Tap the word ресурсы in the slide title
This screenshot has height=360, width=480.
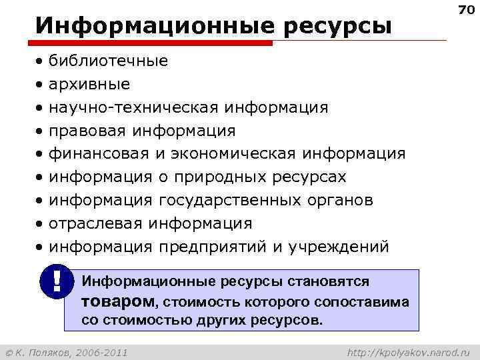tap(337, 27)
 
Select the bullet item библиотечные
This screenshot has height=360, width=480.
tap(108, 61)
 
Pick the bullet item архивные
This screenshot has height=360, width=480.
tap(89, 85)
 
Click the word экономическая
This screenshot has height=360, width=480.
tap(233, 154)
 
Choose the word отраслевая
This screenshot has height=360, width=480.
tap(96, 223)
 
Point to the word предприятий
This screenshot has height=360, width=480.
tap(213, 247)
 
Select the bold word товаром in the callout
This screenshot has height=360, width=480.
tap(117, 301)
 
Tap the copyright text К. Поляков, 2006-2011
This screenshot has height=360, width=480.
tap(67, 351)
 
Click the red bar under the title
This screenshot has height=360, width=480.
tap(153, 43)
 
